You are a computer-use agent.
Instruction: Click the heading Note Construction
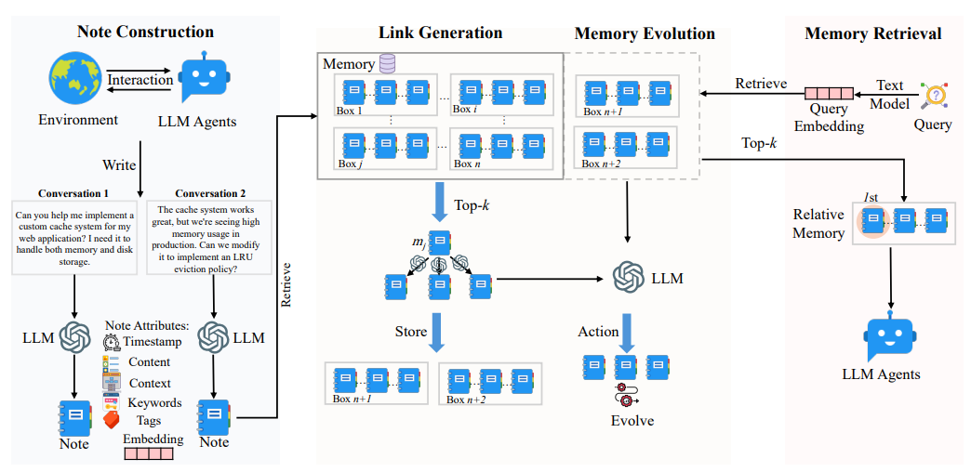click(145, 33)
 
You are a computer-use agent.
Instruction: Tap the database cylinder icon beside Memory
click(386, 64)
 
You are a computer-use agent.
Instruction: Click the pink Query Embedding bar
click(828, 95)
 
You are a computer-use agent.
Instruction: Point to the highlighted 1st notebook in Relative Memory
click(872, 219)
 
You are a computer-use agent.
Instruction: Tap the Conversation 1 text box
click(74, 237)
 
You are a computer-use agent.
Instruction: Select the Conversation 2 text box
click(208, 237)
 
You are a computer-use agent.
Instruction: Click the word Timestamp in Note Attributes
click(152, 341)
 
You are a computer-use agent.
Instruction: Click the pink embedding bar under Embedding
click(149, 453)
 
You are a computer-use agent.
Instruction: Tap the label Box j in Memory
click(350, 164)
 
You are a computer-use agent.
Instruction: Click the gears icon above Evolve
click(625, 395)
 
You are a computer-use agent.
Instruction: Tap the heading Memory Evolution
click(645, 33)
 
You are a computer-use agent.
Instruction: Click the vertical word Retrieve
click(286, 285)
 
